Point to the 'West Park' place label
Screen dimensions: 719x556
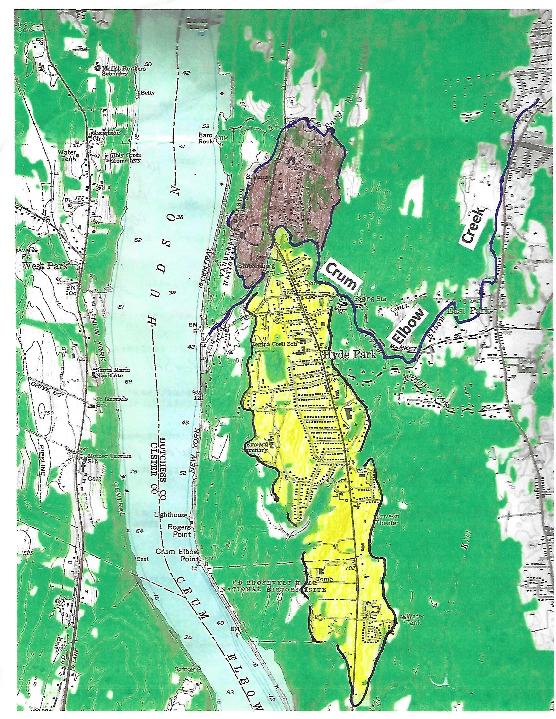coord(45,266)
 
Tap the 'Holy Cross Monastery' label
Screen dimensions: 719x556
coord(126,158)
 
